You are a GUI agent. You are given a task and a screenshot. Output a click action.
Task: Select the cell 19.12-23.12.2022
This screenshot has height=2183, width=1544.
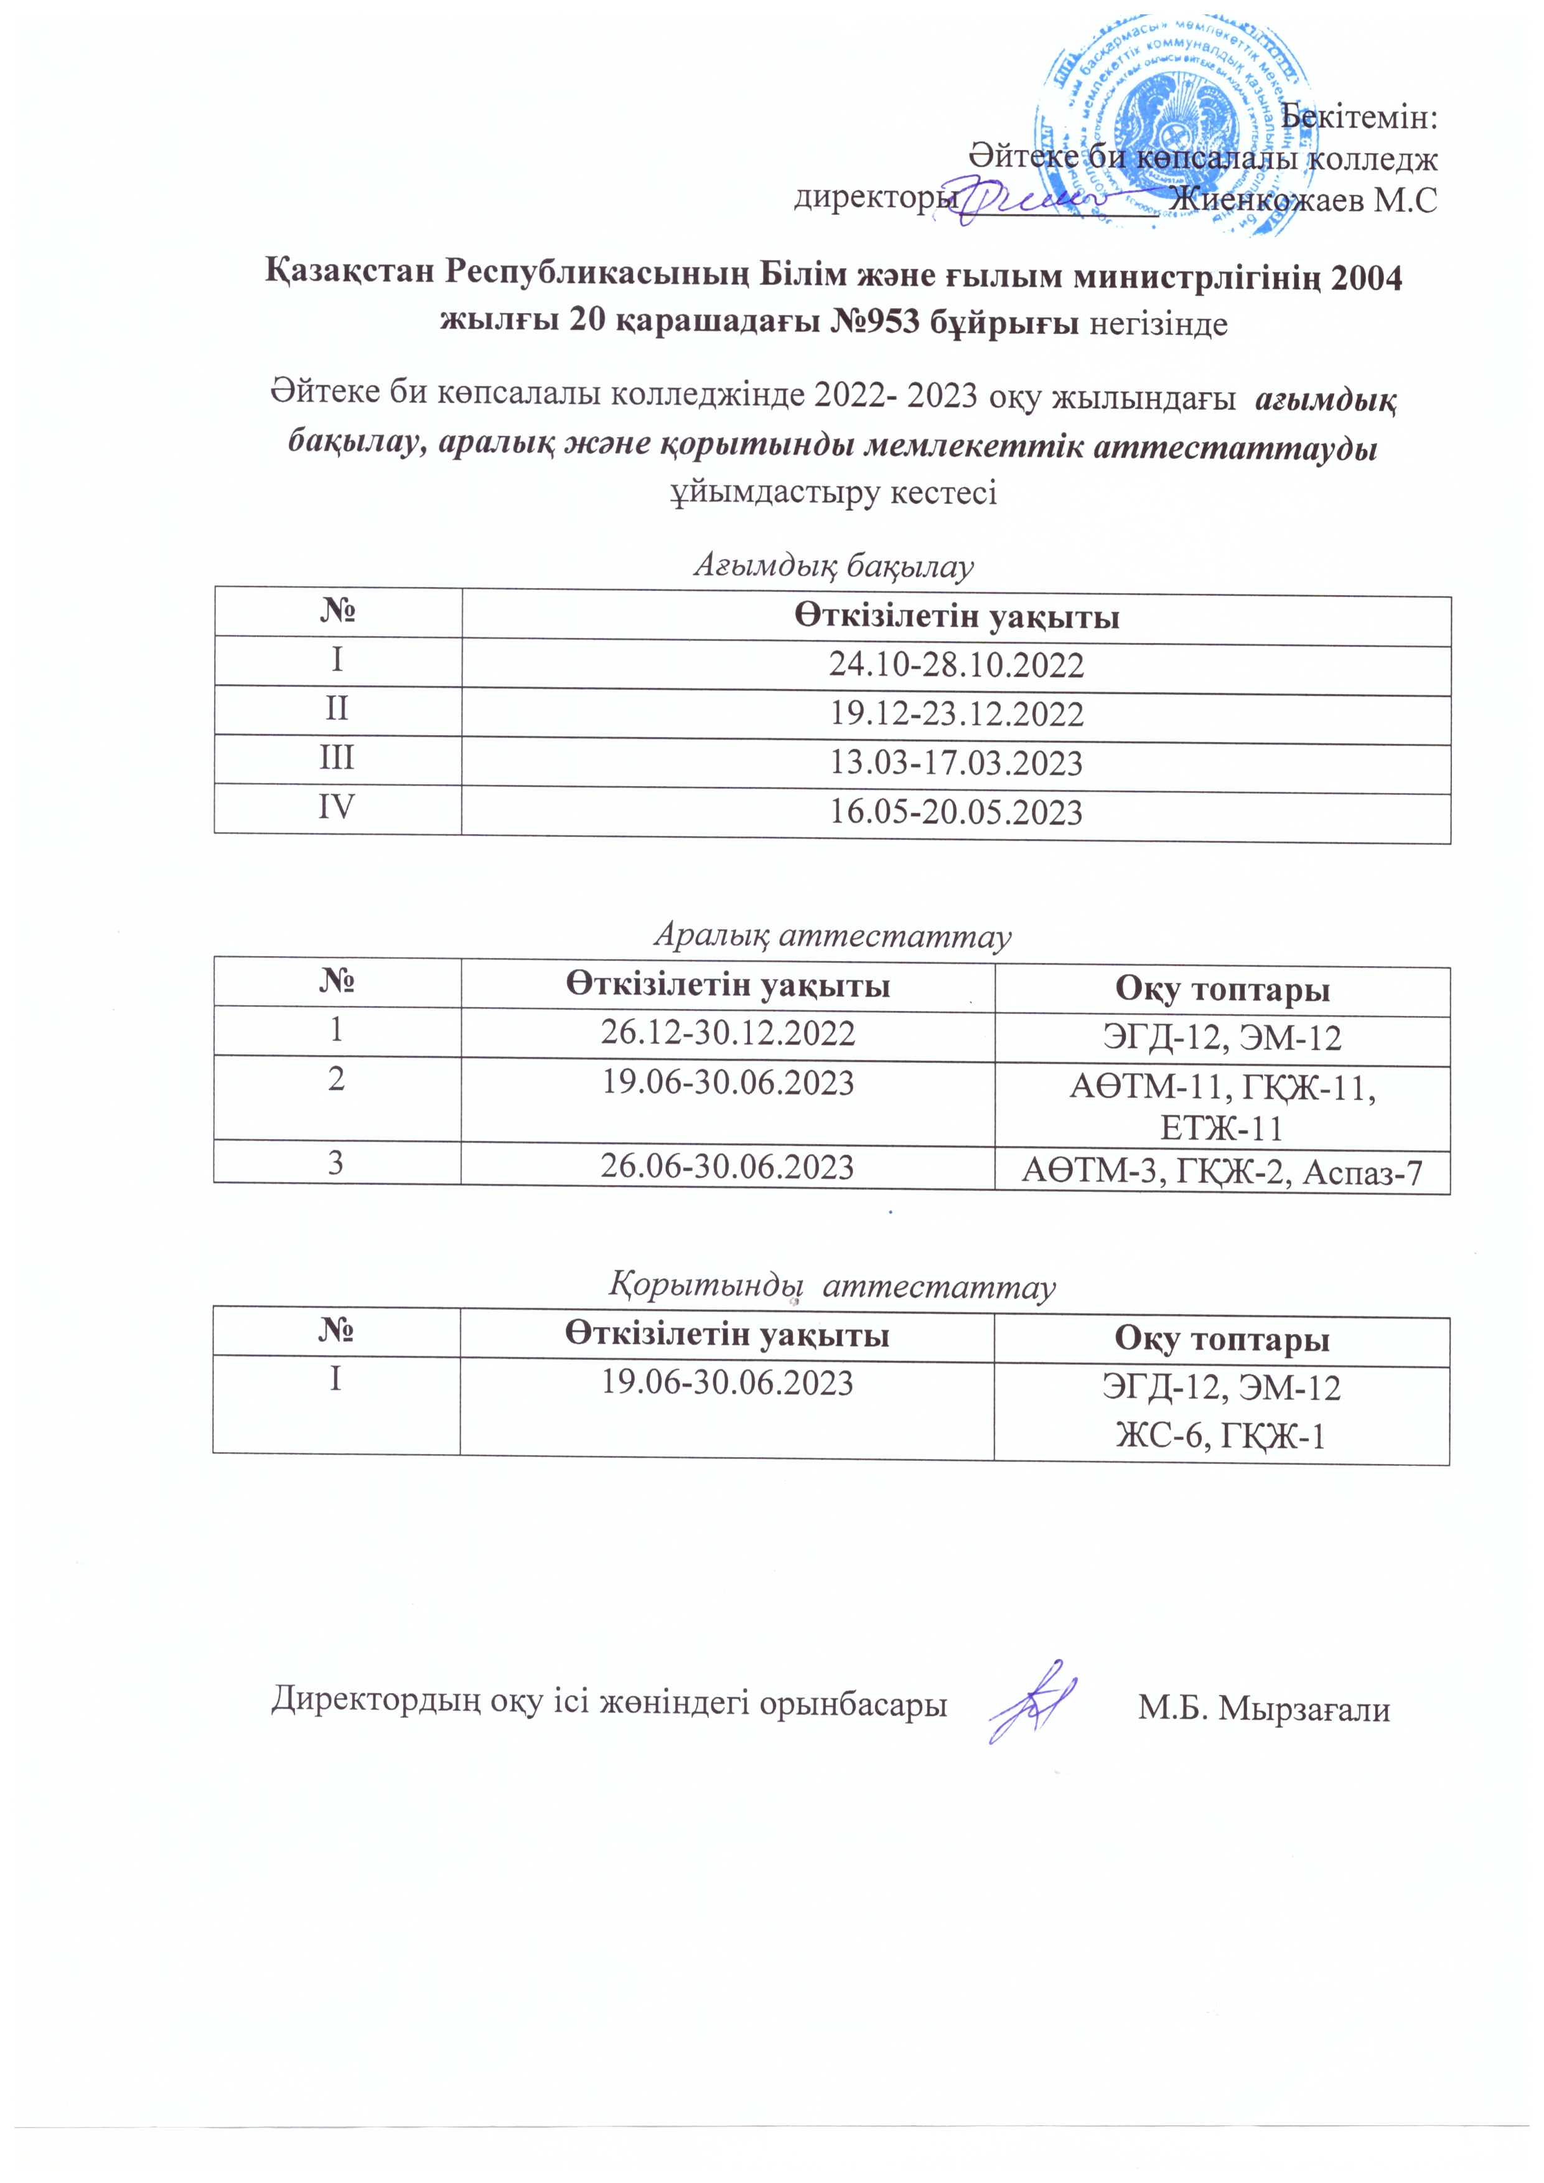tap(957, 714)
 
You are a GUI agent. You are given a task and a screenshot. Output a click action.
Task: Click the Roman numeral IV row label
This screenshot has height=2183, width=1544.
tap(337, 807)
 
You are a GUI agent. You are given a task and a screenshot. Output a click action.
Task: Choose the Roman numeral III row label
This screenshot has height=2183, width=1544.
tap(337, 758)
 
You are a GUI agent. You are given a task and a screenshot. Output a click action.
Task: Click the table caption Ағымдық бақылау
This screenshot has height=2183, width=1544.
tap(833, 566)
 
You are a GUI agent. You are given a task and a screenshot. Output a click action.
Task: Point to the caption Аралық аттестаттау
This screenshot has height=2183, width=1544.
tap(832, 937)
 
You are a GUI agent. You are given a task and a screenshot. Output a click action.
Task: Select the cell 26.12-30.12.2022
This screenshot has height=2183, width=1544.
tap(728, 1033)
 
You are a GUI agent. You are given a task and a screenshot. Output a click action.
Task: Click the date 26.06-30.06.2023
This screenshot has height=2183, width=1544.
tap(728, 1167)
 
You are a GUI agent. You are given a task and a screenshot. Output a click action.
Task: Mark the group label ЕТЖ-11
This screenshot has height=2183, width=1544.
tap(1222, 1129)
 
